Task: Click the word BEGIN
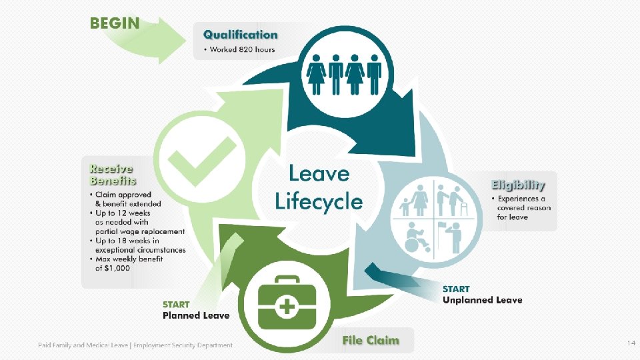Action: (x=115, y=23)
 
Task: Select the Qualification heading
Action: (x=240, y=35)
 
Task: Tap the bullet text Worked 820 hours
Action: (x=242, y=49)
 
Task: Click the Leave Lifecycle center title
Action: (x=319, y=187)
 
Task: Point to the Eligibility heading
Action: (x=518, y=185)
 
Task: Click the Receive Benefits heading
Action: (x=112, y=175)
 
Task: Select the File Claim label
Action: (x=371, y=340)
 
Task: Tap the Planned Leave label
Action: (x=196, y=315)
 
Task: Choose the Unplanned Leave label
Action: (x=482, y=300)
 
